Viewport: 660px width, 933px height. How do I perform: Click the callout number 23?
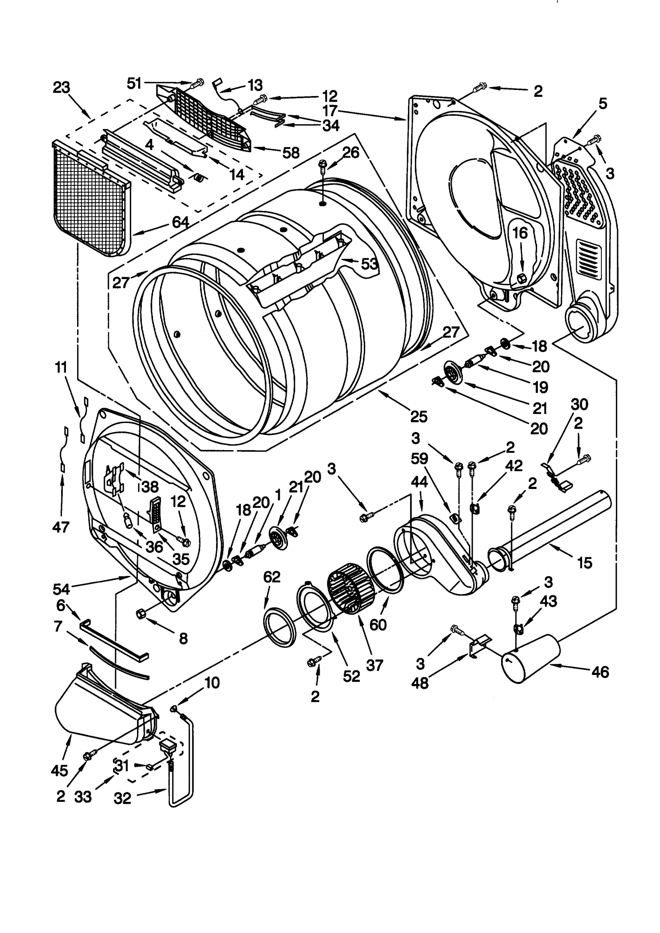(61, 88)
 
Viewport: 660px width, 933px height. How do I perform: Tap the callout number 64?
(180, 223)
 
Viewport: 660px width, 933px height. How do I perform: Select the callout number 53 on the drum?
(369, 263)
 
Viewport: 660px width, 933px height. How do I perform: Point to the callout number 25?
(418, 416)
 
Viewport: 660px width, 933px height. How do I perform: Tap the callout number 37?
(374, 665)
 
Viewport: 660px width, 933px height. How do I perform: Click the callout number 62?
(272, 577)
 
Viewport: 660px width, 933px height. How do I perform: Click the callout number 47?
(61, 526)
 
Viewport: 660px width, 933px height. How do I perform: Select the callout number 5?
(603, 104)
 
